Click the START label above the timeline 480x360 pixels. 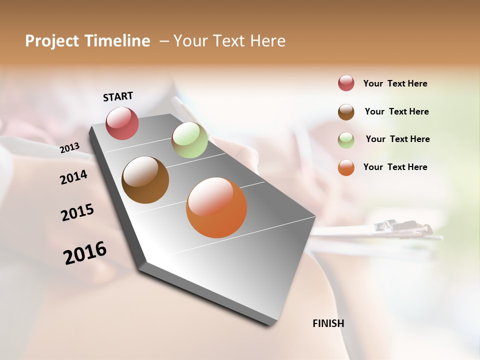tap(118, 96)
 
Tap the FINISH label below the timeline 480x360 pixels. tap(328, 323)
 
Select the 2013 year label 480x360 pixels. tap(69, 147)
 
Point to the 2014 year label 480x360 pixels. tap(73, 177)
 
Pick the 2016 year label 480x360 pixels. tap(85, 253)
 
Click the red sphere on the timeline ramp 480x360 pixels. tap(122, 123)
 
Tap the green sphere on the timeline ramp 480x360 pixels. tap(189, 140)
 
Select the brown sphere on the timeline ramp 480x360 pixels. tap(145, 180)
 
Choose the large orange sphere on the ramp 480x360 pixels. tap(216, 207)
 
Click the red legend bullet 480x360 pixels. tap(346, 83)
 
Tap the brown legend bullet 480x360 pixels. tap(346, 111)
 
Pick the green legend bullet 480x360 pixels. tap(346, 139)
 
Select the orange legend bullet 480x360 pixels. tap(346, 167)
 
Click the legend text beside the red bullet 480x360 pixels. tap(395, 83)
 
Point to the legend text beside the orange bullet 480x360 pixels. tap(395, 167)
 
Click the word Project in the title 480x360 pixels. tap(51, 41)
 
